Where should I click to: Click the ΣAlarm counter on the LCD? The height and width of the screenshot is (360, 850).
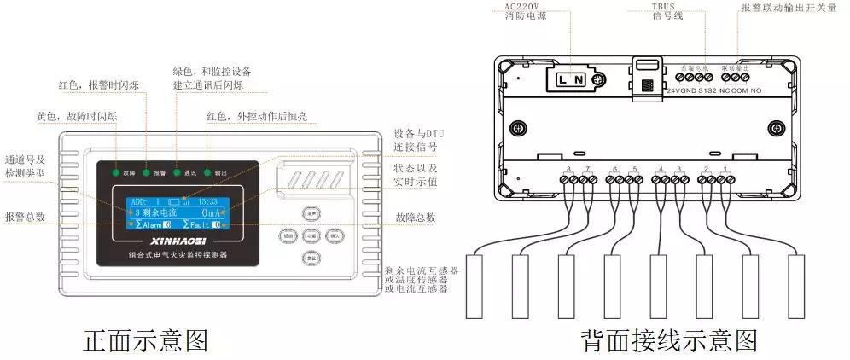[154, 224]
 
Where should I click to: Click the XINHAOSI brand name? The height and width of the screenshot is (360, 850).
[178, 242]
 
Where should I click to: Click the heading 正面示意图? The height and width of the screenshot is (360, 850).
[144, 341]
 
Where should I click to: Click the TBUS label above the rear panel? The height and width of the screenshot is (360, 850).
[663, 5]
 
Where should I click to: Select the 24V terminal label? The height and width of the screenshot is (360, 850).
[674, 90]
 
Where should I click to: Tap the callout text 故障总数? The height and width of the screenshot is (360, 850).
[416, 218]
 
